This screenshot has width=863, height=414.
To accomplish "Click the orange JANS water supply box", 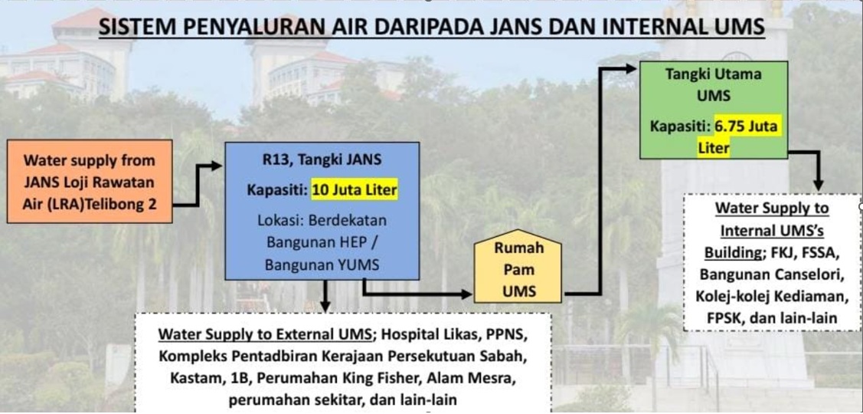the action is click(x=90, y=182).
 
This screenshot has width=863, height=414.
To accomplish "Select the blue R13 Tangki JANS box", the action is click(x=322, y=211).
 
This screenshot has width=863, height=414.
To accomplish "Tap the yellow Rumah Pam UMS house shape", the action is click(x=518, y=266).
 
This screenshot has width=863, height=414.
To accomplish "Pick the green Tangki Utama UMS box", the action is click(x=714, y=110).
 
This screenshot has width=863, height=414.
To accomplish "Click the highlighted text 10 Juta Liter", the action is click(x=355, y=190).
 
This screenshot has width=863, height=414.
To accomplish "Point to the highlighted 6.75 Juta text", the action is click(x=747, y=127).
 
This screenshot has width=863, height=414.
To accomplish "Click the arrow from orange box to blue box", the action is click(x=198, y=185).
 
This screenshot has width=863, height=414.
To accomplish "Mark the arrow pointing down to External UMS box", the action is click(x=325, y=295).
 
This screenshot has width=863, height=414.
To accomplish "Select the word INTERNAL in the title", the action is click(x=664, y=27).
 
